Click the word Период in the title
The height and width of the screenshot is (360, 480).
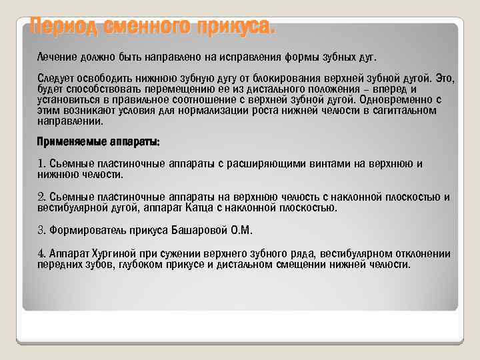[63, 28]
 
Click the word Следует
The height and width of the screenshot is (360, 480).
[59, 79]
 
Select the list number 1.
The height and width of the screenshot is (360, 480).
[41, 164]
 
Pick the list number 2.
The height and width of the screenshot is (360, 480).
[41, 197]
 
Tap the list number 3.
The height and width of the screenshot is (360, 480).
[41, 230]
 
